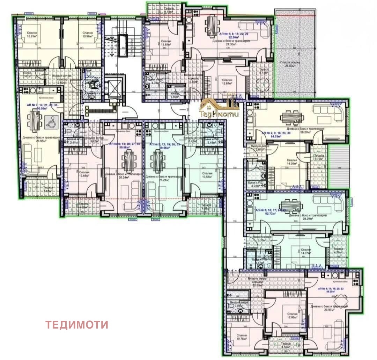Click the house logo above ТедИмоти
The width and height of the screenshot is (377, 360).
(x=219, y=101)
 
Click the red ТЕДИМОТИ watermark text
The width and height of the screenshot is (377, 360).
(x=77, y=325)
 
